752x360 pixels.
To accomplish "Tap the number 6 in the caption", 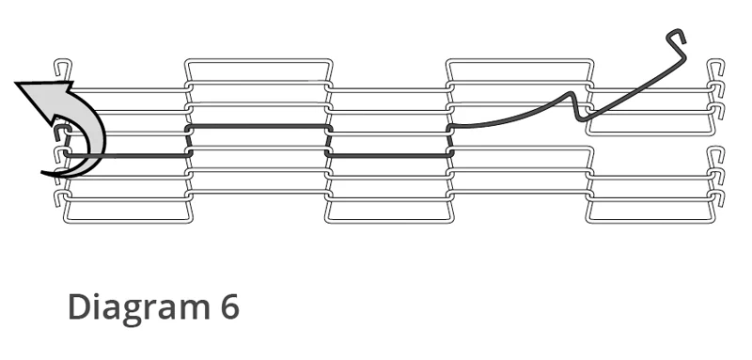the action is (x=229, y=306).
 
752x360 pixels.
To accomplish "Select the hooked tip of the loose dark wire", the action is (x=676, y=35).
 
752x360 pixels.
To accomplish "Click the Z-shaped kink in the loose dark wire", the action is (x=575, y=106).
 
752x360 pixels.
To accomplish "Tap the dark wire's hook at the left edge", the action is (x=59, y=132).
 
